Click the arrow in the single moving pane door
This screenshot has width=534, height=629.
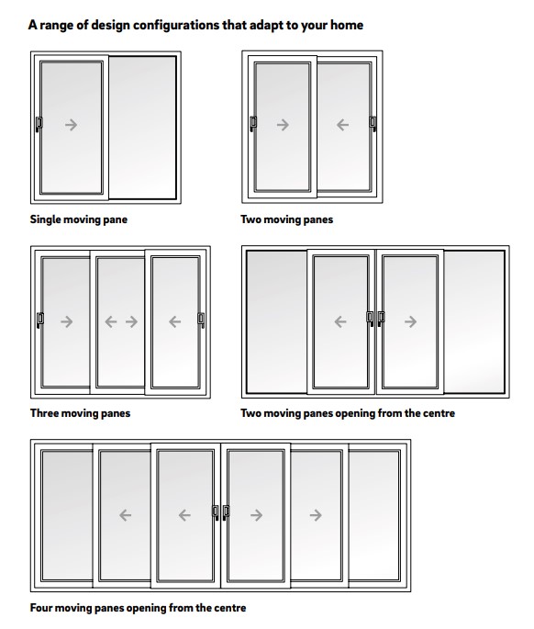point(71,125)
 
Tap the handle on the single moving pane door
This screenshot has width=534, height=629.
point(39,124)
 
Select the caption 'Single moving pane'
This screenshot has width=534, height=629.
point(79,219)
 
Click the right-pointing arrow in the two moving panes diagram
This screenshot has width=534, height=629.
point(283,125)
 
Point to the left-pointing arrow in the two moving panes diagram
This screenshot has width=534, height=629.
point(342,125)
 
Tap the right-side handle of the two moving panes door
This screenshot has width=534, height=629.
point(373,124)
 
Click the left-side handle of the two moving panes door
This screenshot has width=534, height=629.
point(253,124)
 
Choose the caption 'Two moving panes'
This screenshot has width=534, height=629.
point(286,219)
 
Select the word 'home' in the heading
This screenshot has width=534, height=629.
point(347,26)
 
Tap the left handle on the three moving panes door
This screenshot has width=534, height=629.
point(40,320)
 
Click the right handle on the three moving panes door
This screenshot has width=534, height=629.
point(201,320)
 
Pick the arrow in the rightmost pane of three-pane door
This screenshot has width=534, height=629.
point(175,321)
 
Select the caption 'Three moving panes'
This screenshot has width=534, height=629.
point(80,413)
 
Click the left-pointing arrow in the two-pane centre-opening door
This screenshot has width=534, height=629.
point(340,321)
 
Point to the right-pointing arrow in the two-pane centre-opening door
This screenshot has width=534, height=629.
point(410,321)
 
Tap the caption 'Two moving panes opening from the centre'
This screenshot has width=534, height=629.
point(348,413)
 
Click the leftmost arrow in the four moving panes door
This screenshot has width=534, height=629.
point(125,515)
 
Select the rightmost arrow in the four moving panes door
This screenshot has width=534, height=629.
point(316,515)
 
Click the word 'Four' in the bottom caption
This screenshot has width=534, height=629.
point(41,607)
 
